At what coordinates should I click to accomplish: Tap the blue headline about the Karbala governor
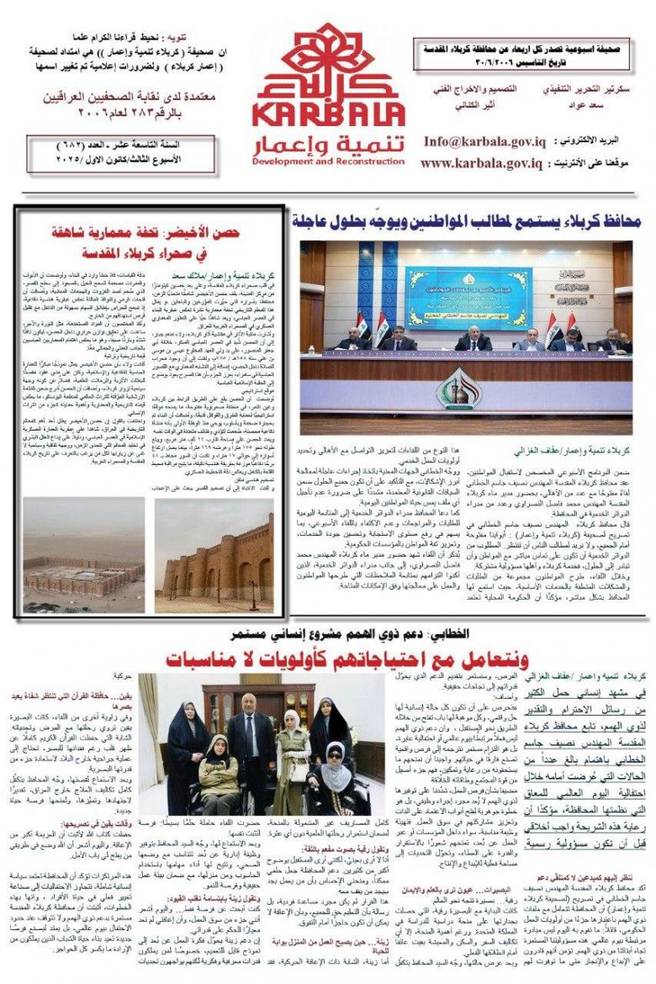[x=467, y=223]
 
